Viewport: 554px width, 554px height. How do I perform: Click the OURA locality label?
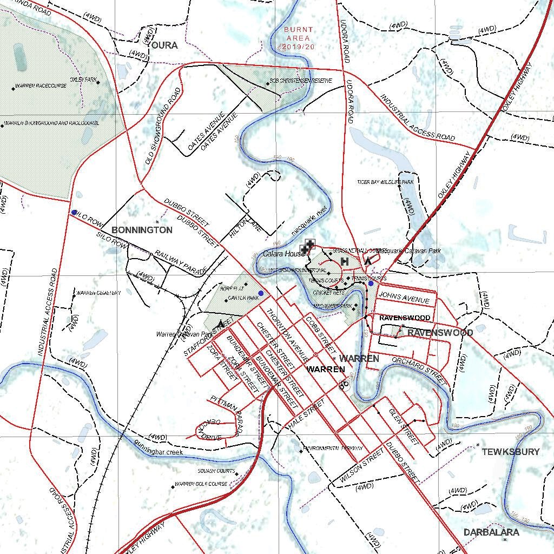164,45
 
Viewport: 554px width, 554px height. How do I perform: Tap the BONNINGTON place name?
142,230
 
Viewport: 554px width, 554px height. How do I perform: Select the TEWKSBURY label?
510,452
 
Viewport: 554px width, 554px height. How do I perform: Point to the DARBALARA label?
491,532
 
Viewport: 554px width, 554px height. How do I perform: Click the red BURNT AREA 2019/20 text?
298,38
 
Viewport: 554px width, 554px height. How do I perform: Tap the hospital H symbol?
344,262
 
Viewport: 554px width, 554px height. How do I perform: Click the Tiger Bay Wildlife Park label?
385,182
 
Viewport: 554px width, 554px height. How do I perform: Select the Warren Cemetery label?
98,293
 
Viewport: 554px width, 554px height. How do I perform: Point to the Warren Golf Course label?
201,484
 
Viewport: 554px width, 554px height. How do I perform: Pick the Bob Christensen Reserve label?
301,81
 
